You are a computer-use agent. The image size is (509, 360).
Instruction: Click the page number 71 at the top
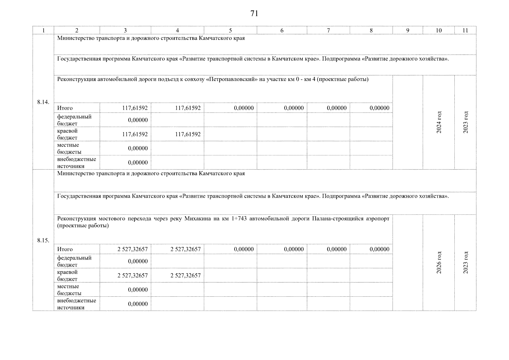point(254,13)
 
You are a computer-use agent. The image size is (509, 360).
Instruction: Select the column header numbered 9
point(408,30)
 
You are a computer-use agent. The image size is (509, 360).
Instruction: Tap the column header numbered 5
point(230,30)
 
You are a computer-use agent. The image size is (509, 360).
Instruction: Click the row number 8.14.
point(43,102)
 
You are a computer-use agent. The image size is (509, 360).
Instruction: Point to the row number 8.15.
point(43,240)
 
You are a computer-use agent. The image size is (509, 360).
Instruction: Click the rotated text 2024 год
point(439,122)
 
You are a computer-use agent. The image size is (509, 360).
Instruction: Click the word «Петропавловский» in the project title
point(231,79)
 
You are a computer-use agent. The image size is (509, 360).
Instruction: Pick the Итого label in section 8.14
point(65,108)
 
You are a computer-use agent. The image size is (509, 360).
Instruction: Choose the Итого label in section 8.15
point(65,249)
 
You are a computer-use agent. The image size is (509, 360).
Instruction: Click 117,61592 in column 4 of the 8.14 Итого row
point(188,108)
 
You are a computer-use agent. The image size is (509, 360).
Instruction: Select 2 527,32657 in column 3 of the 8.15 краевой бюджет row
point(133,275)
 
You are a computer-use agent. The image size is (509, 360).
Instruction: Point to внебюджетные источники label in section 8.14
point(76,163)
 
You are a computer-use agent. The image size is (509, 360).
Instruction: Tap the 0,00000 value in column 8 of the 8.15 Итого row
point(379,249)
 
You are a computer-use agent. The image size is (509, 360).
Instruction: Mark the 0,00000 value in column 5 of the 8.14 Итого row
point(244,108)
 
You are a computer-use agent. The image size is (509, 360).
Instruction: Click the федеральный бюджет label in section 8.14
point(74,120)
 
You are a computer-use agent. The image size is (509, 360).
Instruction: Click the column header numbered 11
point(465,30)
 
